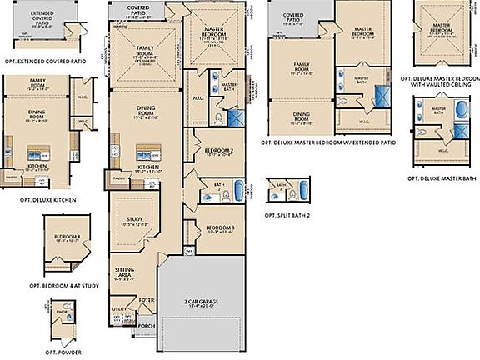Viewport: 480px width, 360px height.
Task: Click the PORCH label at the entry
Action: pos(147,326)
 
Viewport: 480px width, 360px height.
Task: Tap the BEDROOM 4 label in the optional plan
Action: pos(67,237)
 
